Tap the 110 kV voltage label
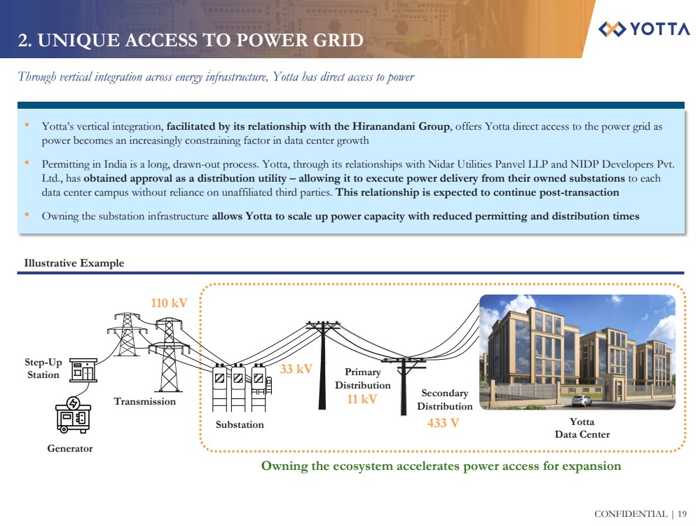pyautogui.click(x=170, y=303)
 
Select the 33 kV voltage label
pyautogui.click(x=296, y=368)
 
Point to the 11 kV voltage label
pyautogui.click(x=362, y=399)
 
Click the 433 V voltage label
pyautogui.click(x=443, y=423)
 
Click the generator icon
pyautogui.click(x=74, y=415)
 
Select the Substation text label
pyautogui.click(x=240, y=424)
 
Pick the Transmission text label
pyautogui.click(x=145, y=401)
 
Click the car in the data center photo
pyautogui.click(x=582, y=400)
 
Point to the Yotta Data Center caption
pyautogui.click(x=582, y=428)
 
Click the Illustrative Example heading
pyautogui.click(x=74, y=263)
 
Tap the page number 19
pyautogui.click(x=682, y=514)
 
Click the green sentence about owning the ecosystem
pyautogui.click(x=441, y=466)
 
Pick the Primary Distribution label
pyautogui.click(x=362, y=379)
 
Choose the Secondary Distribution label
pyautogui.click(x=444, y=400)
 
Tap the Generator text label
pyautogui.click(x=69, y=448)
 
